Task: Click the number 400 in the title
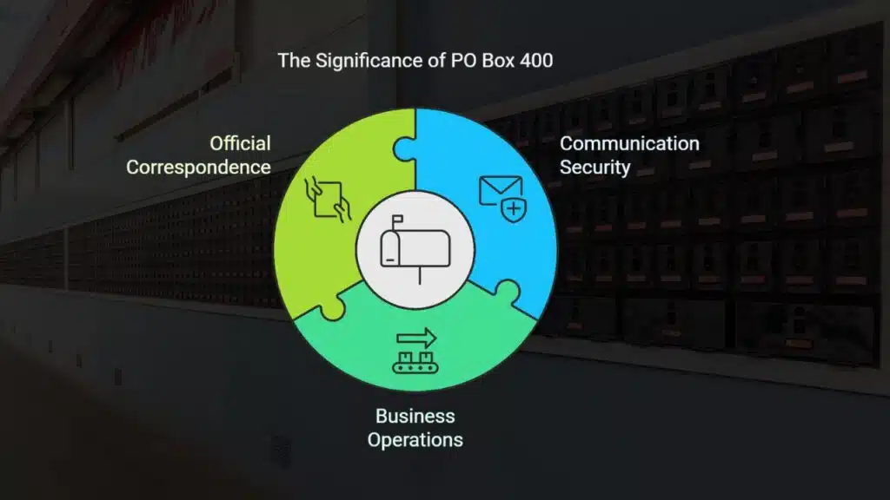pos(535,61)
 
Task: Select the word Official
pos(240,143)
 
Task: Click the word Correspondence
pos(199,168)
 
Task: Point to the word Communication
pos(629,144)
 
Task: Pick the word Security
pos(594,168)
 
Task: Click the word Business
pos(415,416)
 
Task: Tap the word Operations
pos(415,440)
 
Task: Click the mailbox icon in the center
pos(415,248)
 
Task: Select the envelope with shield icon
pos(502,198)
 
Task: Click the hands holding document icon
pos(328,199)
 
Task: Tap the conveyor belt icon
pos(415,363)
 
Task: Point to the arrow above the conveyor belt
pos(416,339)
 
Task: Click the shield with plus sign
pos(514,210)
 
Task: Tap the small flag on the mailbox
pos(397,219)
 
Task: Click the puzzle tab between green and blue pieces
pos(404,149)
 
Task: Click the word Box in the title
pos(498,61)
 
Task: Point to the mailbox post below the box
pos(420,275)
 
